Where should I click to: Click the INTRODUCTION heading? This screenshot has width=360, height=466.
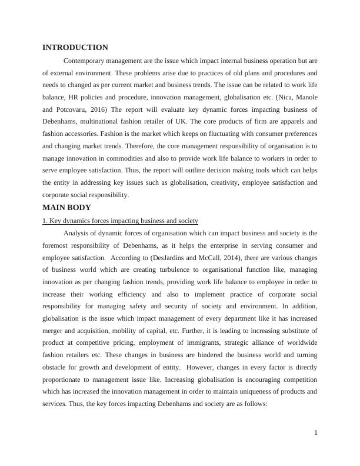75,47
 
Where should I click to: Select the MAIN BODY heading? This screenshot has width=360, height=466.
66,207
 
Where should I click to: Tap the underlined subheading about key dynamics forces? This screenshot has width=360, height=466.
120,221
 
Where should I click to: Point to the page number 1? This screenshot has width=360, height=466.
316,433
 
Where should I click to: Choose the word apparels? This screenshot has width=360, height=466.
286,122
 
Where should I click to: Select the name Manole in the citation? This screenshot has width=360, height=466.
300,97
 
